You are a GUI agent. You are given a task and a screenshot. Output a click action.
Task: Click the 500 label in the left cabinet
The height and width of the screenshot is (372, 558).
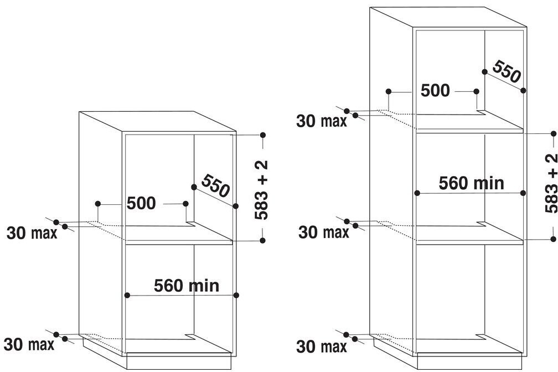coord(141,203)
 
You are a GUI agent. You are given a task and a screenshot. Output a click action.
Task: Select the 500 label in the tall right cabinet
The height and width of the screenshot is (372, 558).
coord(435,90)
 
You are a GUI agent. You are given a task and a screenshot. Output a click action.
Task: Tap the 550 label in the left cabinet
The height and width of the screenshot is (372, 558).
coord(215,186)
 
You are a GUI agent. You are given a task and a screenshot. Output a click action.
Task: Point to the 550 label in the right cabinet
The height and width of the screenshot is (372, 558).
coord(506,72)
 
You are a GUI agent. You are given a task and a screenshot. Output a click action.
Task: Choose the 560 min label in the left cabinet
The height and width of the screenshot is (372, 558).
coord(187,286)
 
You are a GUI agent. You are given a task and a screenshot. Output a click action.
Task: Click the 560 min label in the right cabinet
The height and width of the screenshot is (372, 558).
coord(471,183)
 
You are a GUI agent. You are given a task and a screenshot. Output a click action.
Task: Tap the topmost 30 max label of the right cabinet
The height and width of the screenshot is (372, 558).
coord(322,121)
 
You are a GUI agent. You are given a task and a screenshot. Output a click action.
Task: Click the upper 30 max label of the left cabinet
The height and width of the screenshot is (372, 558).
coord(32,232)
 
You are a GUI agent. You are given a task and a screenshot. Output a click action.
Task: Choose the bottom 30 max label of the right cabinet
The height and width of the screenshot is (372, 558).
coord(322,347)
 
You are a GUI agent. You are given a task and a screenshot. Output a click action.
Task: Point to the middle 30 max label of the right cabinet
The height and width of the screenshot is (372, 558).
coord(323,232)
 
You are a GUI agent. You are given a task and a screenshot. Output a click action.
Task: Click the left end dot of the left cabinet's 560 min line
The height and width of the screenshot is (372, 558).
coord(127,295)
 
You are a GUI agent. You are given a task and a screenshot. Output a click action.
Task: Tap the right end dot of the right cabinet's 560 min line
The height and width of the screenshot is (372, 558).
coord(524,193)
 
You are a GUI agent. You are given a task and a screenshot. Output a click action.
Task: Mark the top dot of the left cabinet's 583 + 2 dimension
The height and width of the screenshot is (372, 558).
coord(262,135)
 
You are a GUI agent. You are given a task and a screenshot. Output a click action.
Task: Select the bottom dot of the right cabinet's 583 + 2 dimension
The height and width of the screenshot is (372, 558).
coord(553,239)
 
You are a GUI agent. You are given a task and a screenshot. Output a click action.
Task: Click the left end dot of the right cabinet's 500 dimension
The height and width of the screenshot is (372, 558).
coord(389,91)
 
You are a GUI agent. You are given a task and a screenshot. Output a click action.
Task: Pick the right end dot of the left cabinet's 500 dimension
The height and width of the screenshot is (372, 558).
coord(186,204)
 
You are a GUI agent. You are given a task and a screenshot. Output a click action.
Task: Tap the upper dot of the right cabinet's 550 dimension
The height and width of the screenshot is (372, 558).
coord(484,71)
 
